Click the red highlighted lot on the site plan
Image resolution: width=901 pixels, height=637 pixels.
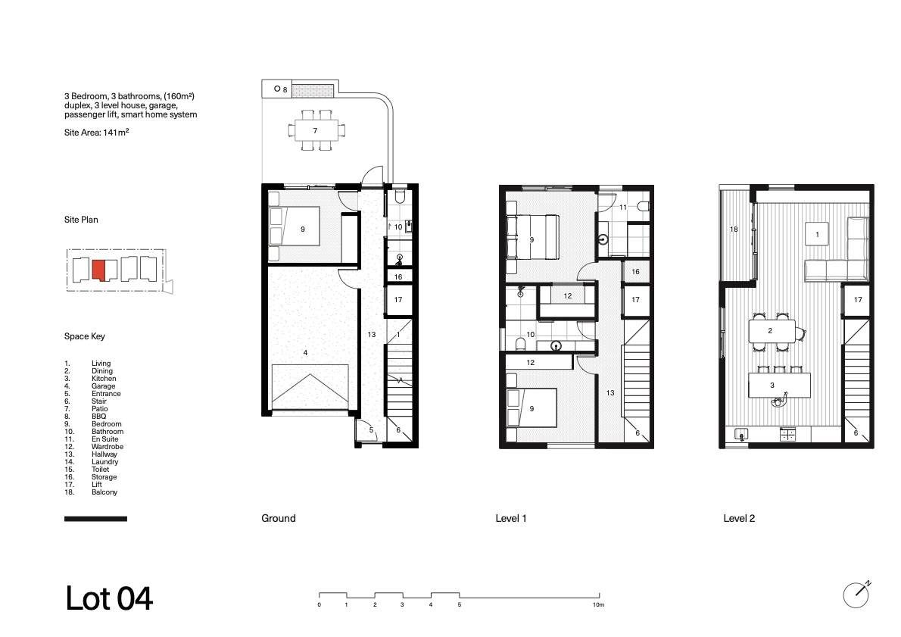tap(98, 270)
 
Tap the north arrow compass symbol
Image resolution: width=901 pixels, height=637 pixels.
tap(856, 595)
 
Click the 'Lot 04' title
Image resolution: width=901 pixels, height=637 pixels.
tap(109, 598)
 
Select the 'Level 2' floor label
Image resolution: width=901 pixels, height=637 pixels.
tap(739, 519)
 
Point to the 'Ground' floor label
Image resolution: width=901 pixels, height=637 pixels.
tap(278, 519)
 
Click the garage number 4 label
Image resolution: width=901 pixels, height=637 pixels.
tap(305, 352)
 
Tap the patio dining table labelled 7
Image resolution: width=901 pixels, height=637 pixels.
tap(315, 130)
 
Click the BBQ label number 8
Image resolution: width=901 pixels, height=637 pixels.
tap(285, 89)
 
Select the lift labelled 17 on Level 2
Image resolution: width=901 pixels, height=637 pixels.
tap(857, 300)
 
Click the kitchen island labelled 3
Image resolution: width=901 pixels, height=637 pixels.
tap(779, 386)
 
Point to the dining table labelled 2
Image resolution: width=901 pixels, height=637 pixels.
tap(772, 330)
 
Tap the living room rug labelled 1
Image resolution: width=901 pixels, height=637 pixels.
tap(816, 234)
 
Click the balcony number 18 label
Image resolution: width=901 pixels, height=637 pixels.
tap(734, 230)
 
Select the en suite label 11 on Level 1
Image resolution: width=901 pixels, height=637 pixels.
tap(623, 208)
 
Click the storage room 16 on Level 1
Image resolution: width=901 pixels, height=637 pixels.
tap(635, 271)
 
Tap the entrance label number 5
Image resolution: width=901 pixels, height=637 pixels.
tap(371, 430)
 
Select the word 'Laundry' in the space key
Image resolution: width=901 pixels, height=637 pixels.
tap(104, 461)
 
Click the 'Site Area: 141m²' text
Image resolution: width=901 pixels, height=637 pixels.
tap(97, 133)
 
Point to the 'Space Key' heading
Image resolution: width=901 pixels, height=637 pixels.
tap(85, 336)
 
